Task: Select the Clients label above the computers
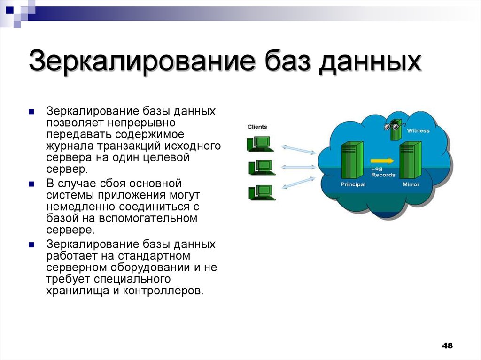coord(257,127)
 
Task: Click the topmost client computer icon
coord(259,144)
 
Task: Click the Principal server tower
coord(352,160)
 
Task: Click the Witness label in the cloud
coord(418,130)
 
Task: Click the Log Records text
coord(383,172)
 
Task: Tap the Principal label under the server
coord(353,184)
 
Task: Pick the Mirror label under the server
coord(411,184)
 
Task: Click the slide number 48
coord(447,345)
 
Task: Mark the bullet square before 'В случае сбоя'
coord(31,184)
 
